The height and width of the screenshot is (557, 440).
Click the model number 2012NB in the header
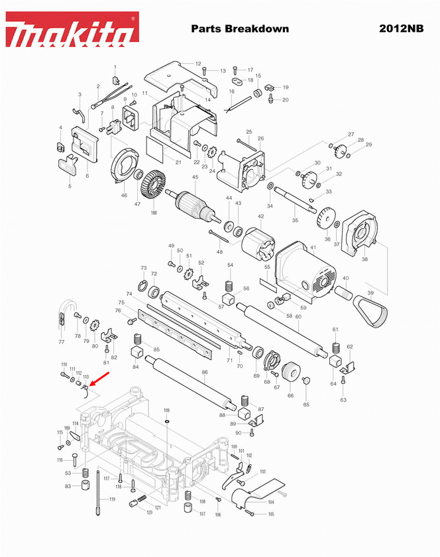[x=402, y=29]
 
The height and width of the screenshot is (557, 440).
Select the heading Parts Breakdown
[x=240, y=29]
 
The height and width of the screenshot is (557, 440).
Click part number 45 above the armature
[x=195, y=177]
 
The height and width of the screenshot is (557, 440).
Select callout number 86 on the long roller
[x=205, y=373]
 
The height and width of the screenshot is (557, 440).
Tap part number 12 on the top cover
[x=198, y=64]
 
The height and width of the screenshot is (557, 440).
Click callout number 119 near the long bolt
[x=112, y=499]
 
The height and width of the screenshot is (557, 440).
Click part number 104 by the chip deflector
[x=270, y=503]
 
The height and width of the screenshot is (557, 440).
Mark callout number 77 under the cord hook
[x=62, y=342]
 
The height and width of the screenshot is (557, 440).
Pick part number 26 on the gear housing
[x=260, y=139]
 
